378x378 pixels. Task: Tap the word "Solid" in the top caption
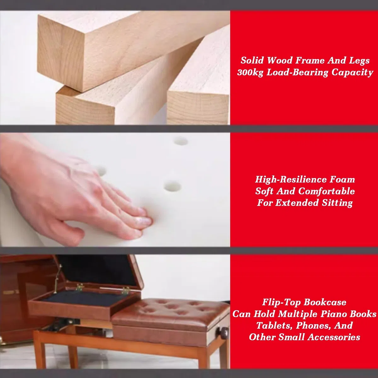(x=252, y=60)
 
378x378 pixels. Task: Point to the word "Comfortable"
(x=326, y=191)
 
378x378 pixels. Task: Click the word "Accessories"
(x=334, y=337)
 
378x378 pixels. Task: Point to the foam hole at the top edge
(x=181, y=141)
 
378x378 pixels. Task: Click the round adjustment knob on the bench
(x=222, y=333)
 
